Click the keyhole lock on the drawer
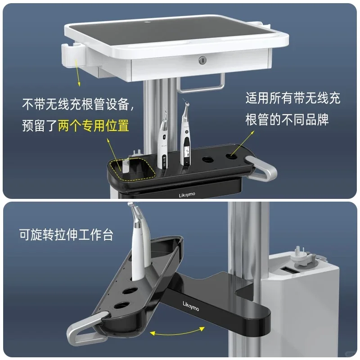(202, 60)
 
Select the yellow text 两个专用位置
(94, 126)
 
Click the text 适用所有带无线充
(293, 98)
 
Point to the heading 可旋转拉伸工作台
(66, 234)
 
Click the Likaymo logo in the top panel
(187, 195)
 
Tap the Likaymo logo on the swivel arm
(191, 306)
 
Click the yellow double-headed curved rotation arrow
(177, 331)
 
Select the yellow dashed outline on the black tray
(132, 169)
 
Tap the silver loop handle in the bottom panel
(86, 329)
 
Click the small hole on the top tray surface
(147, 22)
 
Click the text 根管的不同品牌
(287, 119)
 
